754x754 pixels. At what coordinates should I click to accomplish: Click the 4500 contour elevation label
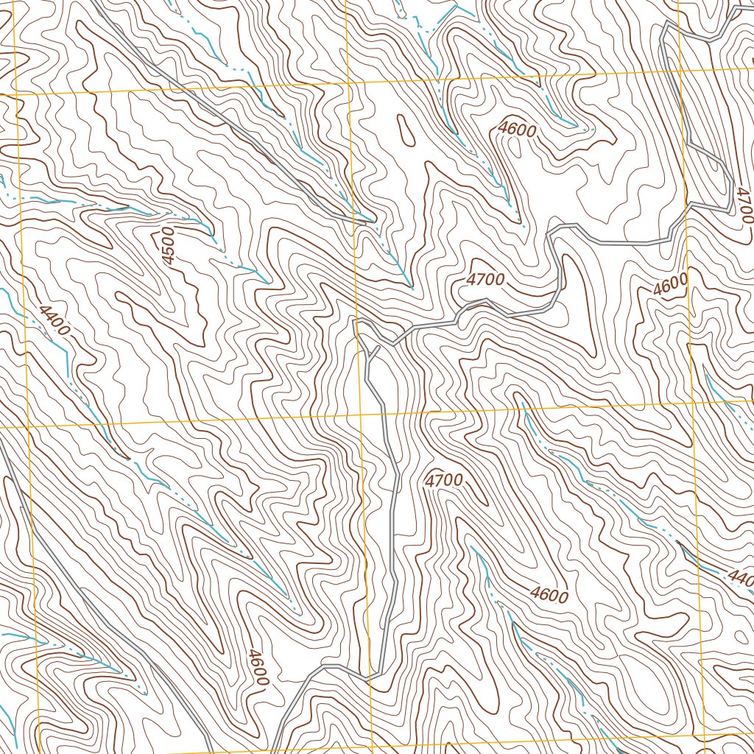point(168,246)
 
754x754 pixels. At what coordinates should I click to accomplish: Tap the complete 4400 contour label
point(54,321)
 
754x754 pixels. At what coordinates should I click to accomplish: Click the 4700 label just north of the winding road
point(485,280)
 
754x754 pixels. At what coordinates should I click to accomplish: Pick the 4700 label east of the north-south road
point(444,481)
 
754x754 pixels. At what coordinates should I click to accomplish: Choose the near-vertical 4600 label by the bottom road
point(256,667)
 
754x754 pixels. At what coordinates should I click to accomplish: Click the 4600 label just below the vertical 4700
point(669,284)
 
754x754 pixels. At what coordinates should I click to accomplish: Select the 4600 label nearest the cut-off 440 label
point(549,593)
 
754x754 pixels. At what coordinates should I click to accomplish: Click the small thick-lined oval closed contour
point(405,130)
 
